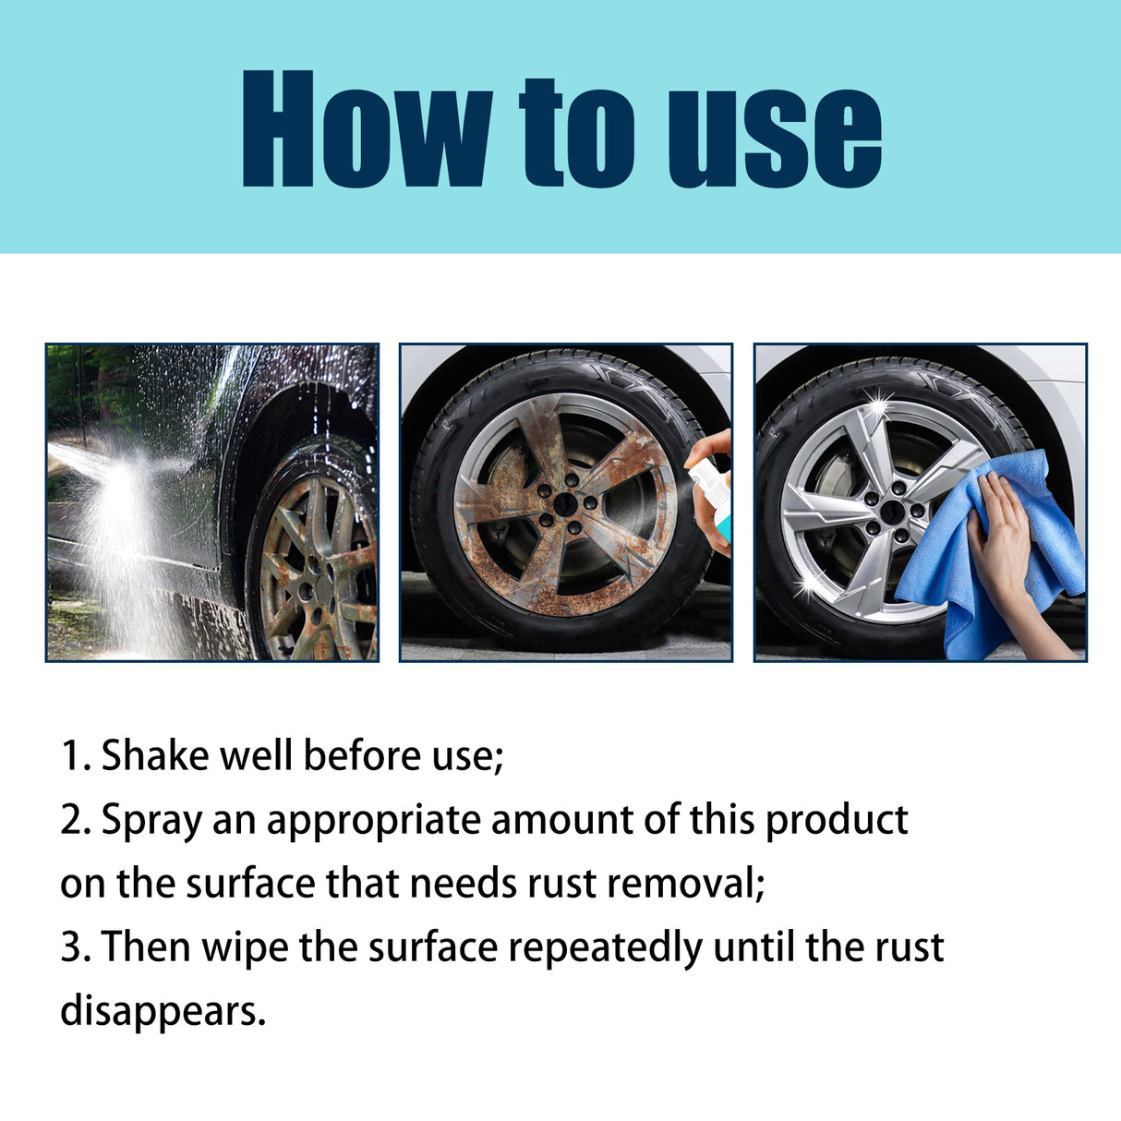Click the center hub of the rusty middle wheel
tap(564, 505)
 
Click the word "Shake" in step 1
tap(155, 755)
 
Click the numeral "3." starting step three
tap(76, 947)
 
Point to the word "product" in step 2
tap(837, 820)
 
